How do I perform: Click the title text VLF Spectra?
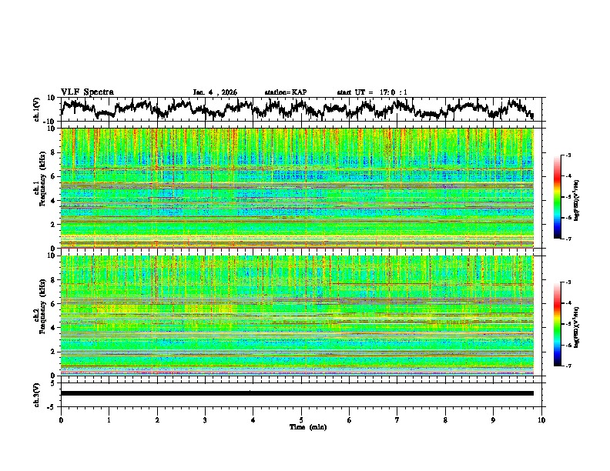(87, 92)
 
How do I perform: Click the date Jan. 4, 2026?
(215, 92)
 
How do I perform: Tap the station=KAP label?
(285, 92)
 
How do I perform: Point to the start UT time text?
(372, 92)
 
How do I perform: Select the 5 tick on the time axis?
(301, 419)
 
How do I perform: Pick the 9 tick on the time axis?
(494, 419)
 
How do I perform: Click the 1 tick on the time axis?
(109, 419)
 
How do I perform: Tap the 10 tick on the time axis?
(541, 419)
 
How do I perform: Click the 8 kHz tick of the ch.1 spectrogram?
(52, 152)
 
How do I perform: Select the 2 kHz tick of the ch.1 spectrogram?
(52, 225)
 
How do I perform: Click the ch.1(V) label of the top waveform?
(38, 109)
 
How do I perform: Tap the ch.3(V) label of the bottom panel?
(38, 393)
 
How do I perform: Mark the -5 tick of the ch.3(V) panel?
(52, 405)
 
